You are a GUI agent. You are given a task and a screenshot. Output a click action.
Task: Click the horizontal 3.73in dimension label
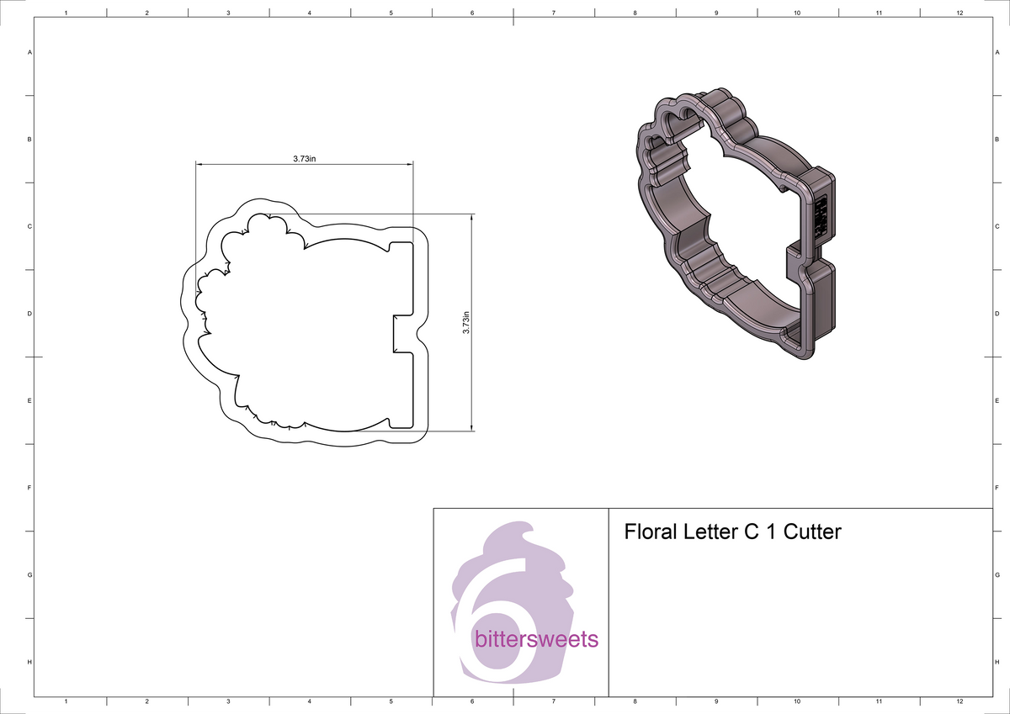304,158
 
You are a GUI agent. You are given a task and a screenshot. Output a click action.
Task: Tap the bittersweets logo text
537,639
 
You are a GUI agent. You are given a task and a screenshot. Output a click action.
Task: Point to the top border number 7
553,13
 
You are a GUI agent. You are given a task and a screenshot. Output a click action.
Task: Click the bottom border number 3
228,701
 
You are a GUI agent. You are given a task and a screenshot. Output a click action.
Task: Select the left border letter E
30,400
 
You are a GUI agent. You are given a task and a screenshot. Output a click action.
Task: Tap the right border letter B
996,139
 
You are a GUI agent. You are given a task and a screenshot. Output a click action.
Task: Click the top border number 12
959,13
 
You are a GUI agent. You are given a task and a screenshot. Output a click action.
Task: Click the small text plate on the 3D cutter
822,214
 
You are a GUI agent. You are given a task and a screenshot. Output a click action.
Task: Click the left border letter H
30,662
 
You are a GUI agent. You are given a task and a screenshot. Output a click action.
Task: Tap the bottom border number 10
797,701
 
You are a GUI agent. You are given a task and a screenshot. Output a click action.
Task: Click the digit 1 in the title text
772,532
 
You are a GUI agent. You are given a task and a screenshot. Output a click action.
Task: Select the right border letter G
996,575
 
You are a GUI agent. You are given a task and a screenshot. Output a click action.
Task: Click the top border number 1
66,13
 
